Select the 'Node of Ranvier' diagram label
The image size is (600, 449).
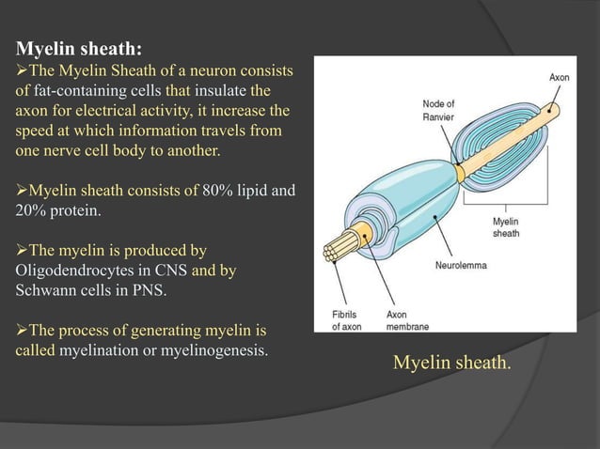pyautogui.click(x=438, y=110)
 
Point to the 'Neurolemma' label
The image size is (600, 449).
pyautogui.click(x=461, y=266)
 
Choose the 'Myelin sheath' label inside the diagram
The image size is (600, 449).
pyautogui.click(x=505, y=227)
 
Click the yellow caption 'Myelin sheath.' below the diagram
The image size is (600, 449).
pyautogui.click(x=451, y=363)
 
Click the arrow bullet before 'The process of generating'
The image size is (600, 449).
pyautogui.click(x=24, y=331)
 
